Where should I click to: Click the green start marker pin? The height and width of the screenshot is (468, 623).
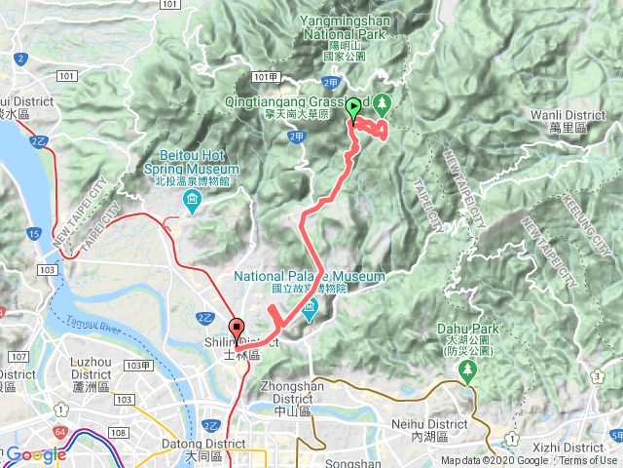pyautogui.click(x=353, y=109)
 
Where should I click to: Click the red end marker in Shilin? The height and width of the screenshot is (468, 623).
pyautogui.click(x=236, y=330)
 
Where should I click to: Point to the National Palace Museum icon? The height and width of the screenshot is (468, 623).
pyautogui.click(x=311, y=311)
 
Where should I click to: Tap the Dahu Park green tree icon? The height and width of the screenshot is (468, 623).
pyautogui.click(x=467, y=370)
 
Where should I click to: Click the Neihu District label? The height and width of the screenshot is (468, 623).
pyautogui.click(x=416, y=403)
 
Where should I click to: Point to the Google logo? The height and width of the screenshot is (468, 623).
pyautogui.click(x=36, y=454)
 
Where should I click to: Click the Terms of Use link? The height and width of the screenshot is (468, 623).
pyautogui.click(x=588, y=461)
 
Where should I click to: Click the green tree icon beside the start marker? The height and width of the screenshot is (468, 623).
pyautogui.click(x=382, y=101)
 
